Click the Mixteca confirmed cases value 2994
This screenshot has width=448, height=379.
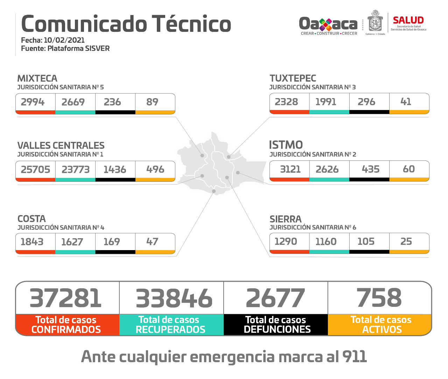pyautogui.click(x=33, y=102)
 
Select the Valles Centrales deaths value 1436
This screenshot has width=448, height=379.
pyautogui.click(x=115, y=170)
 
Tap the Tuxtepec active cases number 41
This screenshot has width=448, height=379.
pyautogui.click(x=406, y=102)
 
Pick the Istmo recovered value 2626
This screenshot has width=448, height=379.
pyautogui.click(x=327, y=169)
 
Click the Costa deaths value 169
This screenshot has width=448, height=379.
pyautogui.click(x=112, y=242)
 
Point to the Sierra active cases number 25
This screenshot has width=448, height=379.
pyautogui.click(x=406, y=241)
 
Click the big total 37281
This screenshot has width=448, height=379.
pyautogui.click(x=66, y=298)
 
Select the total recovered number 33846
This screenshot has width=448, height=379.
pyautogui.click(x=174, y=298)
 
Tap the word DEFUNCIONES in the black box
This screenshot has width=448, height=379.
pyautogui.click(x=277, y=329)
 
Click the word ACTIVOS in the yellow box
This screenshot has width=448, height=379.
pyautogui.click(x=382, y=329)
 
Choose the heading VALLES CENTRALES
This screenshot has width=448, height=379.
pyautogui.click(x=61, y=145)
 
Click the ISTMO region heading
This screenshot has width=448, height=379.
pyautogui.click(x=286, y=145)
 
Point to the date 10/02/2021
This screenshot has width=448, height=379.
pyautogui.click(x=64, y=40)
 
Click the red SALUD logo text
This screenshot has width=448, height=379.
pyautogui.click(x=408, y=20)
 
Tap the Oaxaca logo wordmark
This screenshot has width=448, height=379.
pyautogui.click(x=328, y=24)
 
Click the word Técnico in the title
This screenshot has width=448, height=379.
pyautogui.click(x=191, y=24)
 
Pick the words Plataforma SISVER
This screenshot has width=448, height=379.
pyautogui.click(x=78, y=48)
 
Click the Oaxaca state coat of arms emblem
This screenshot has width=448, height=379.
pyautogui.click(x=375, y=22)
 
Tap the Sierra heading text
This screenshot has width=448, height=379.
pyautogui.click(x=285, y=219)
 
